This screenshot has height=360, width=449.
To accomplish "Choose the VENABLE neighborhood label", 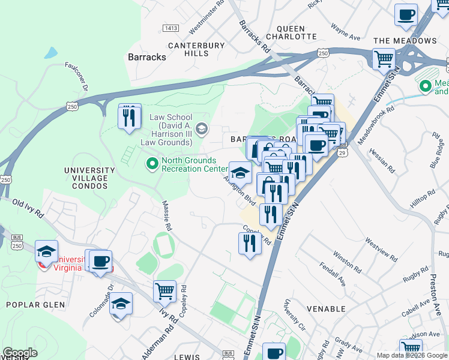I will point(326,308).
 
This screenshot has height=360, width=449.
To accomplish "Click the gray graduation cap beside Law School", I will point(202,128).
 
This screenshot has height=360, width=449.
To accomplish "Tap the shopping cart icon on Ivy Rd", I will point(164,292).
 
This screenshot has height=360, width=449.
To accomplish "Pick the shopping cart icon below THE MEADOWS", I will point(384,60).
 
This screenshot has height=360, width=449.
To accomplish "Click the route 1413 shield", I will point(171,28).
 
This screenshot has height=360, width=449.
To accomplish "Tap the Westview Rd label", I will point(381,251).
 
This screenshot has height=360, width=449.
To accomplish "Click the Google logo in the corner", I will point(19,353).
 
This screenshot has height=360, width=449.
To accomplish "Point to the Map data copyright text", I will point(411,355).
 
